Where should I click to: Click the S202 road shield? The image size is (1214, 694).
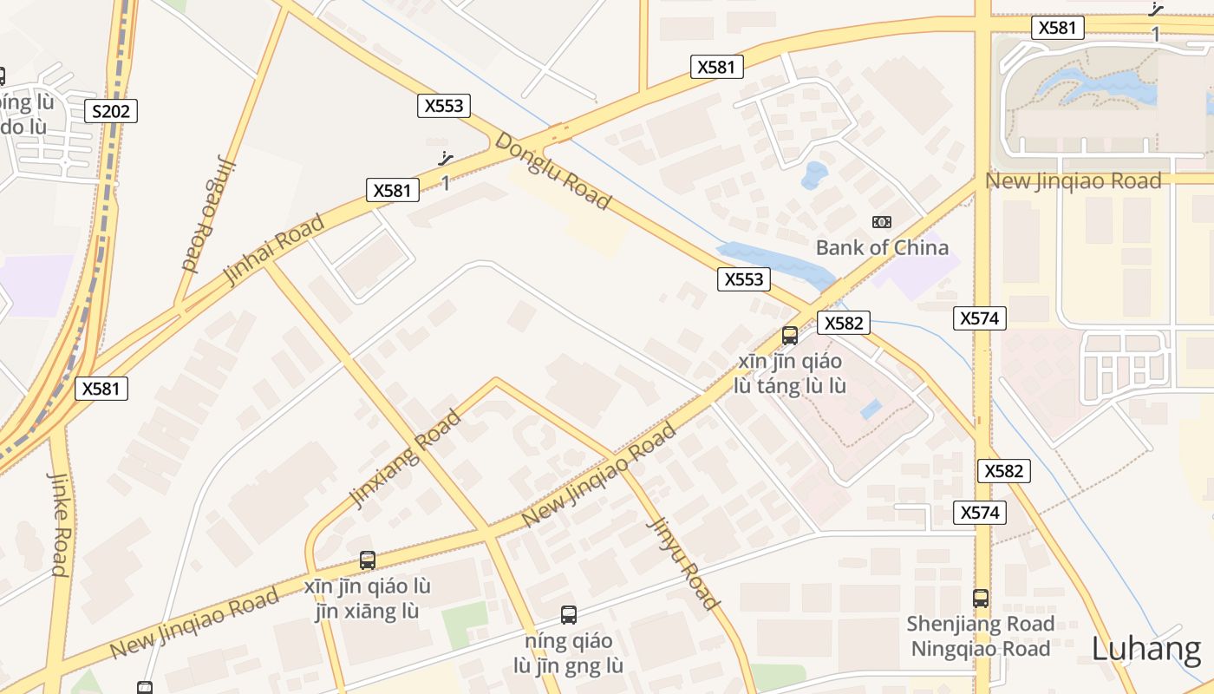pyautogui.click(x=111, y=110)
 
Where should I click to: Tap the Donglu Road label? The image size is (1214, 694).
pyautogui.click(x=552, y=170)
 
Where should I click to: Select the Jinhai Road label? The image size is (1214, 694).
pyautogui.click(x=274, y=248)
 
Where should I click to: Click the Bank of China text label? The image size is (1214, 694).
pyautogui.click(x=882, y=247)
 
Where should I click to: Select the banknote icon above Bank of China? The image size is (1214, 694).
pyautogui.click(x=882, y=222)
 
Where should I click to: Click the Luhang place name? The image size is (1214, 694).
pyautogui.click(x=1146, y=649)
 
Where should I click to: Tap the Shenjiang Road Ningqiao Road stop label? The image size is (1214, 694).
pyautogui.click(x=980, y=636)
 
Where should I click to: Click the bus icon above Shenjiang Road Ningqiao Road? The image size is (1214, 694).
pyautogui.click(x=980, y=598)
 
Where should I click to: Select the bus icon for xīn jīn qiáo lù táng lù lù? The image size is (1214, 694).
pyautogui.click(x=790, y=336)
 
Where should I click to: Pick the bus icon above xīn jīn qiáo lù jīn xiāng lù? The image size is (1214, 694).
pyautogui.click(x=368, y=560)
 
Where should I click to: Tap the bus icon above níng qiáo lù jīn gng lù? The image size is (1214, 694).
pyautogui.click(x=569, y=615)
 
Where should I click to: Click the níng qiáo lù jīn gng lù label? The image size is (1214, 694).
pyautogui.click(x=569, y=653)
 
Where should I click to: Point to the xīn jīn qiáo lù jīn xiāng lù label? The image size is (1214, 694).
pyautogui.click(x=368, y=599)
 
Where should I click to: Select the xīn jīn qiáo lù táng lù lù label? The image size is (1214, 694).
pyautogui.click(x=790, y=373)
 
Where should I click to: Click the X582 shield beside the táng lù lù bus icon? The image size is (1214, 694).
pyautogui.click(x=843, y=323)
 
